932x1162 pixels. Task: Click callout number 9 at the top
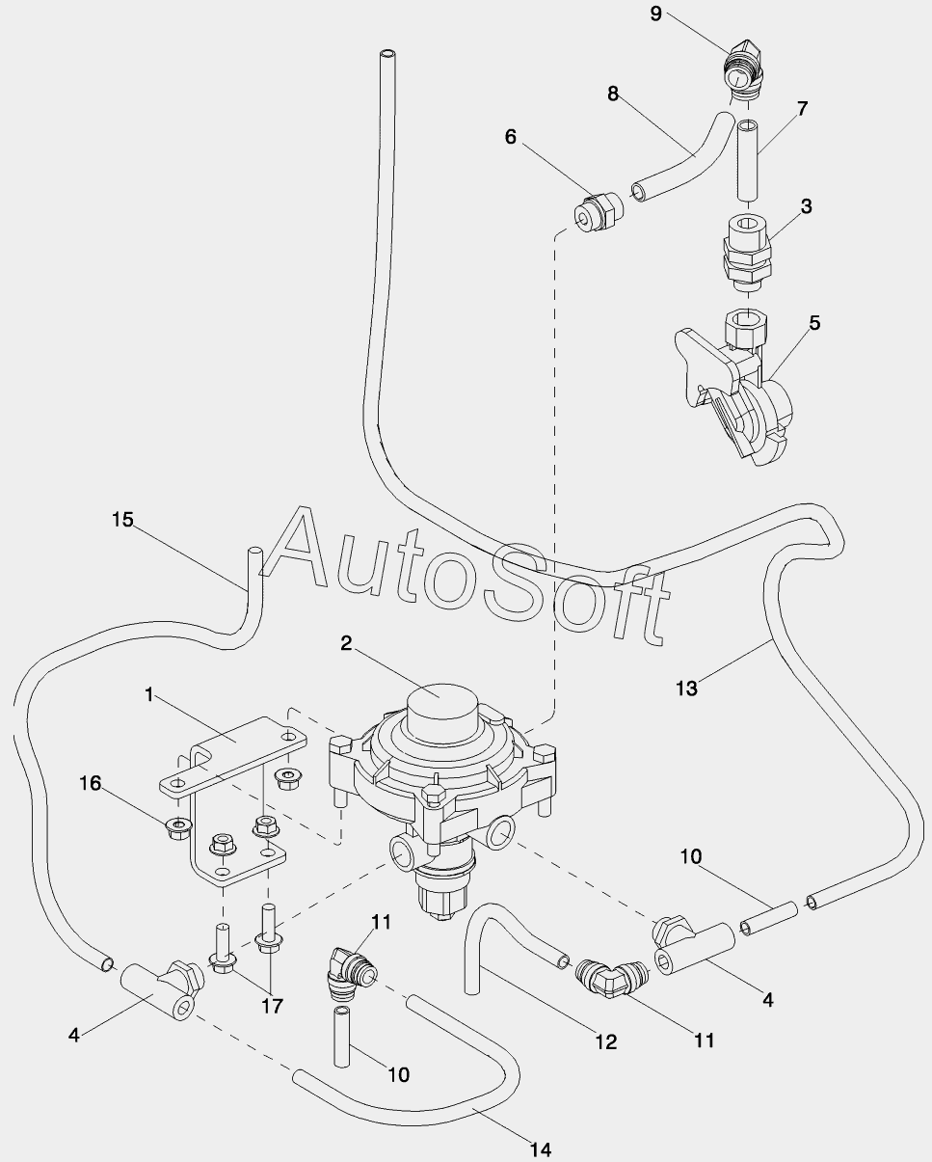pos(655,14)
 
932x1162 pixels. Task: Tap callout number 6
pos(511,137)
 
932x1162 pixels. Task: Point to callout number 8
pos(613,94)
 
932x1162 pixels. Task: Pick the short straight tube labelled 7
pos(748,161)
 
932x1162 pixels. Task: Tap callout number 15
pos(122,520)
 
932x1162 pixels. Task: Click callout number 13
pos(687,689)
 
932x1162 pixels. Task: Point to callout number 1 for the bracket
pos(149,695)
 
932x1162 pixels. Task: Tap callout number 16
pos(91,783)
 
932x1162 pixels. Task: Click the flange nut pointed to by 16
pos(176,829)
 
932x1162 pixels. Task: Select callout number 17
pos(273,1006)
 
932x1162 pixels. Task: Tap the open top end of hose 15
pos(254,552)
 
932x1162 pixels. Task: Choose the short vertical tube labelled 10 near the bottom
pos(341,1037)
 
